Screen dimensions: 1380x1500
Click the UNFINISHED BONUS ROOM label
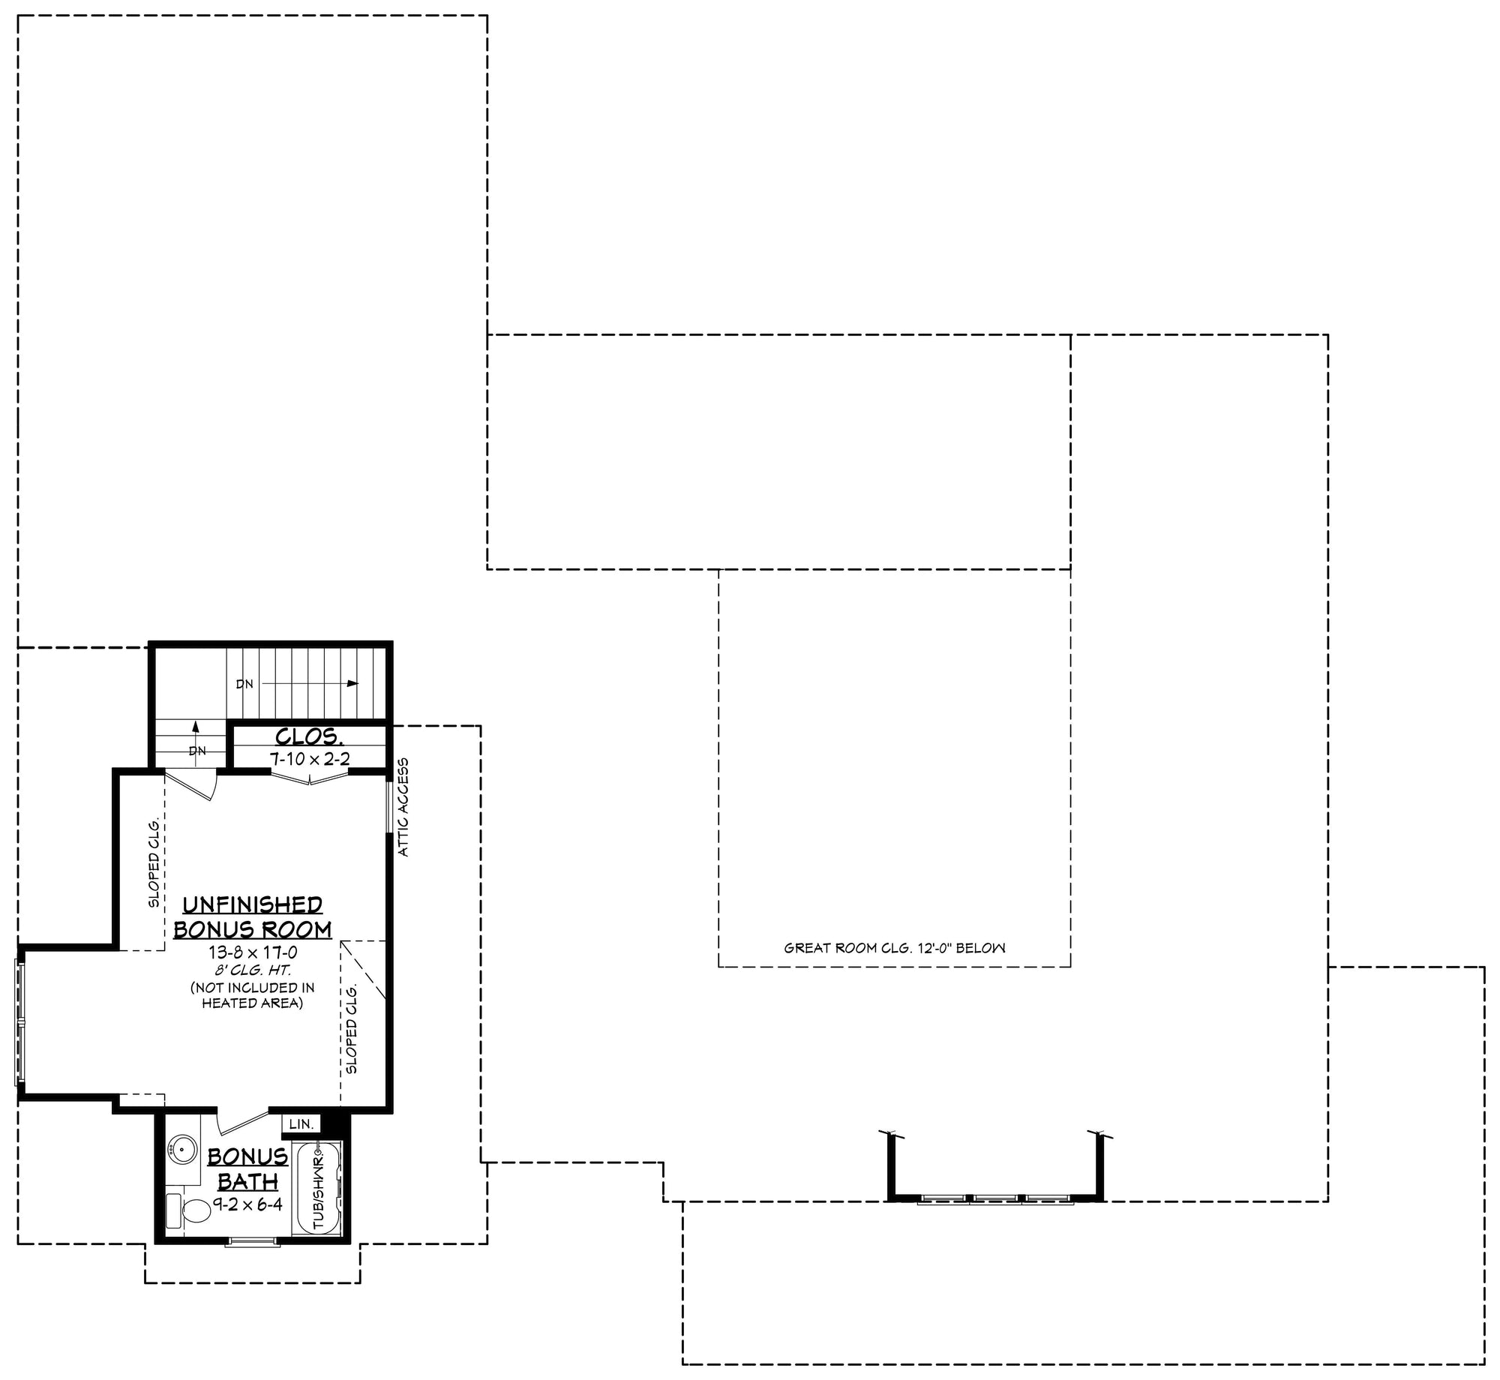(x=253, y=916)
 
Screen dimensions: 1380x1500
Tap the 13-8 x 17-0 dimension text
(x=253, y=952)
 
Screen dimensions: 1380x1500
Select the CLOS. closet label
(x=308, y=736)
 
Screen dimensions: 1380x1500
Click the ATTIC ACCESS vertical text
(x=403, y=807)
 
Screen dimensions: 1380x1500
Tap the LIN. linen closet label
(x=300, y=1124)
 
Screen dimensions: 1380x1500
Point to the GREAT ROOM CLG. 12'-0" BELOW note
(x=894, y=948)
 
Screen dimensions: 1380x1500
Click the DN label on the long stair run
(x=244, y=684)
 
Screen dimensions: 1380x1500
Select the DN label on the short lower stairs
(x=197, y=751)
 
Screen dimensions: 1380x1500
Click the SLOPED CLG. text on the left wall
(x=154, y=861)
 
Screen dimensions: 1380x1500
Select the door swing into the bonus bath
(x=238, y=1123)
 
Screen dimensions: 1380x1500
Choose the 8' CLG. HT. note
(x=253, y=970)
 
